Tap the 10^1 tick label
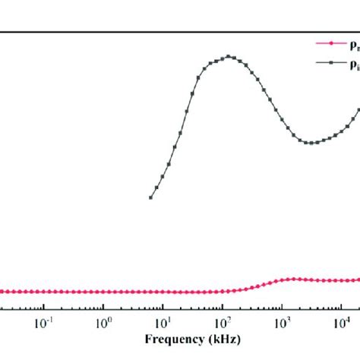163,321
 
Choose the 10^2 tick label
222,321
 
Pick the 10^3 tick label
281,321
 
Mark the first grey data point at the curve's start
150,197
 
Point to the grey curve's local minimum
308,143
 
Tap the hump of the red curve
295,279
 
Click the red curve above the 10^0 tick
103,292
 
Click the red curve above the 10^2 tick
222,292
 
